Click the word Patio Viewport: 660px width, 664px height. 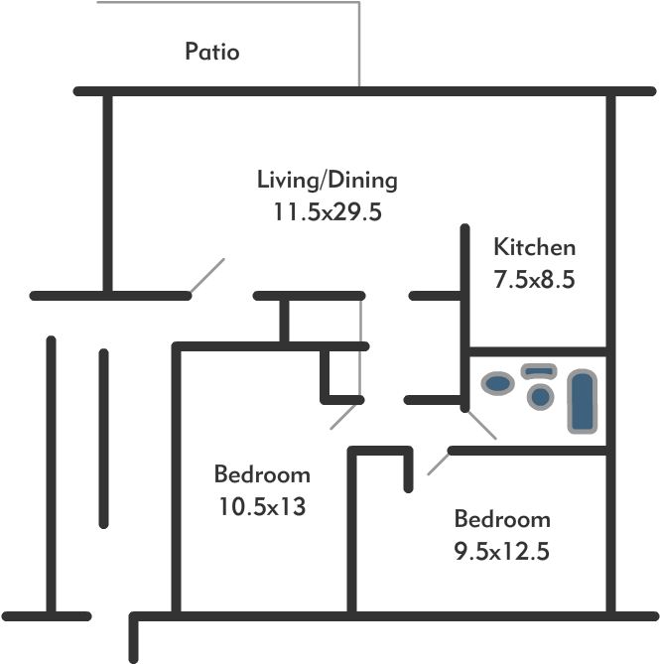[211, 52]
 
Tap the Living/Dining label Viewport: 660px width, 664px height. [327, 181]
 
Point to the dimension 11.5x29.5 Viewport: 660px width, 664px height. [327, 211]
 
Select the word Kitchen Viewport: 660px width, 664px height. [534, 247]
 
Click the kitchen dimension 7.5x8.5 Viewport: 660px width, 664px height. [534, 279]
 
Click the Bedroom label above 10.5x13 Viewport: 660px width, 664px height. [262, 474]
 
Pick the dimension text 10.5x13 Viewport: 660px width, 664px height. [261, 506]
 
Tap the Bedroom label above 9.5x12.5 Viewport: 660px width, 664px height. [501, 519]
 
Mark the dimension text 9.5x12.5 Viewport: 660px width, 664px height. [501, 551]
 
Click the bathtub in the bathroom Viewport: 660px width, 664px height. [581, 401]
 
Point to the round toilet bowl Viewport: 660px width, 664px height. [540, 395]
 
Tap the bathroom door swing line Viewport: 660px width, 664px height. [481, 424]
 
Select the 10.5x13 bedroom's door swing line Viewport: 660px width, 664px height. [343, 415]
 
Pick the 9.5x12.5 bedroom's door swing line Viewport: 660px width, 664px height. [438, 462]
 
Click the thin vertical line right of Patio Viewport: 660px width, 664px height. [359, 44]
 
